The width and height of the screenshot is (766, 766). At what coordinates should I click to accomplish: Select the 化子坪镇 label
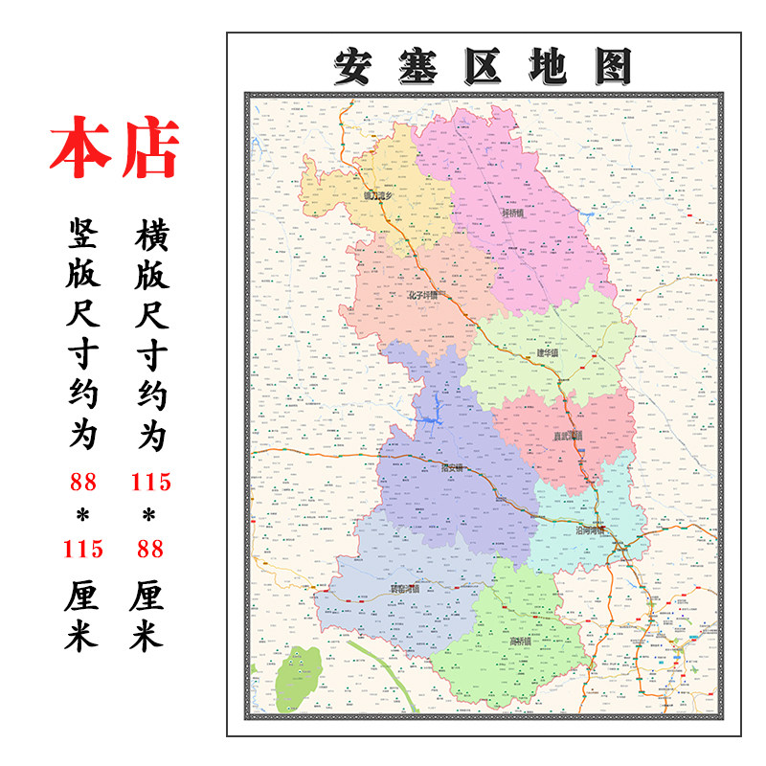[x=422, y=295]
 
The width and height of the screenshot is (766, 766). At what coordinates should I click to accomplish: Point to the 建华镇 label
[x=547, y=352]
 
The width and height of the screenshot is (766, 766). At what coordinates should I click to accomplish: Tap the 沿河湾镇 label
[x=591, y=529]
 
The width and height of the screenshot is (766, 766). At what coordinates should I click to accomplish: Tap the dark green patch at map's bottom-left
[x=298, y=680]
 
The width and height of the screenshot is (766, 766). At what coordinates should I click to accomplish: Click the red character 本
[x=81, y=149]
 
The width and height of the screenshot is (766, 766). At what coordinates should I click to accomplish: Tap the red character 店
[x=148, y=149]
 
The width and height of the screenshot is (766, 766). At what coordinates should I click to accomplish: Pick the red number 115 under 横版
[x=149, y=482]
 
